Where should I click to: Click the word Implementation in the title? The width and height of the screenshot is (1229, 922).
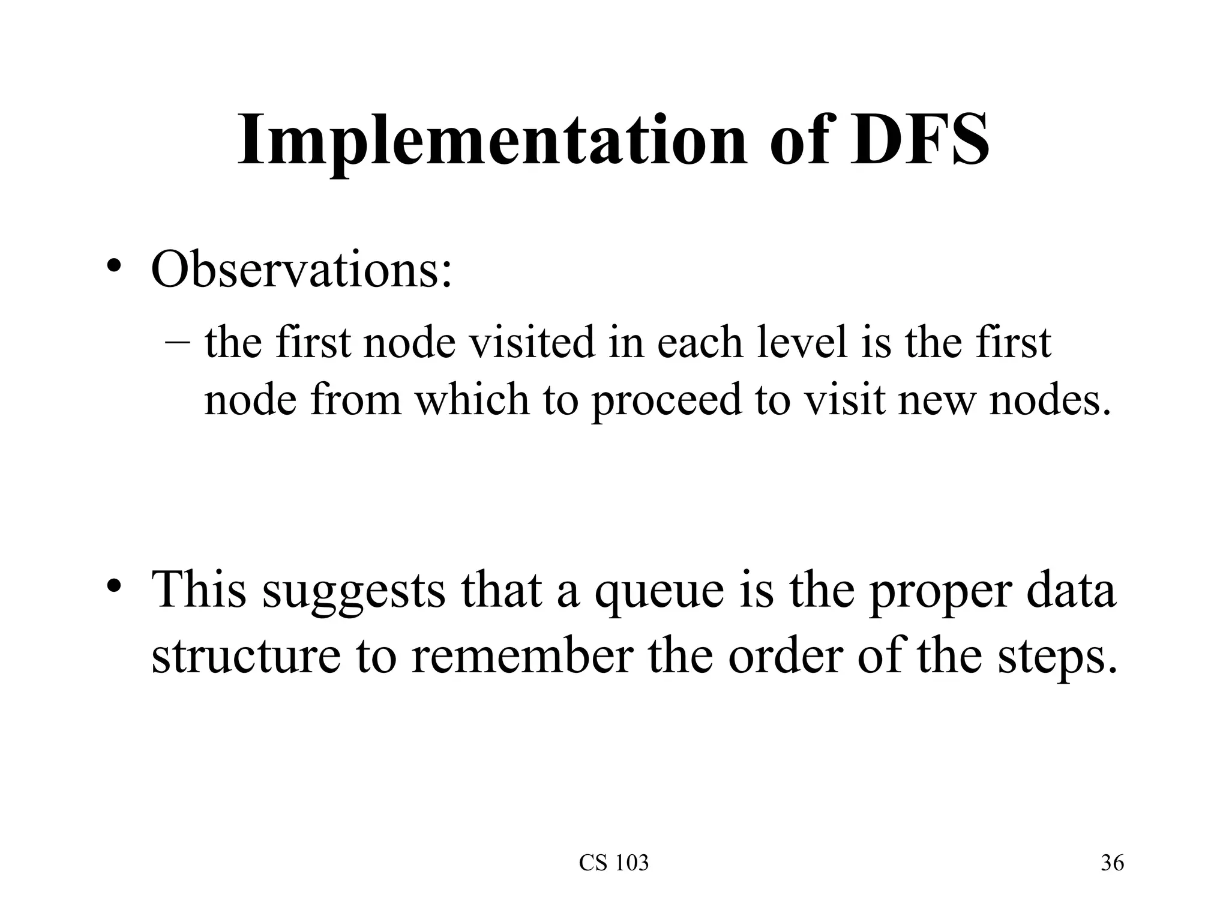[x=492, y=141]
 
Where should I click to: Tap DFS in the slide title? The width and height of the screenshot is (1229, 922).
[x=919, y=141]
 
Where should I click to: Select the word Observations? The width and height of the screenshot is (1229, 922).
[x=301, y=270]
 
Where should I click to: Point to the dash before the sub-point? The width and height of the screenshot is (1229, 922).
[x=177, y=344]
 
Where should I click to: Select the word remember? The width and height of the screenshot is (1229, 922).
[x=522, y=655]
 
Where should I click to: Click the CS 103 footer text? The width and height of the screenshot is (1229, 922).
[x=614, y=863]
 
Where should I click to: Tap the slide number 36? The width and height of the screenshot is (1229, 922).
[x=1112, y=863]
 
